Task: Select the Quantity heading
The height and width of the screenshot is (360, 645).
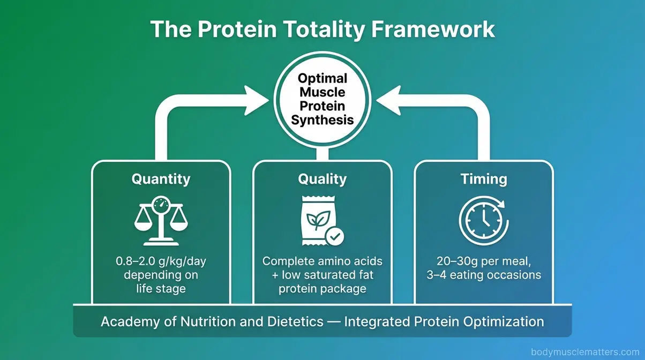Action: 161,179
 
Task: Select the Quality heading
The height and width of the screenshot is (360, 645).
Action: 322,179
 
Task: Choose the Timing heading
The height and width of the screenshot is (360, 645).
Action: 484,179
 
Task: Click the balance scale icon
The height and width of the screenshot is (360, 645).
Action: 161,221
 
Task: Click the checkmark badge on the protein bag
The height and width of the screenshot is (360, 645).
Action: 335,236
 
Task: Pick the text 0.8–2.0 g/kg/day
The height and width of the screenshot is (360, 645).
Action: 161,262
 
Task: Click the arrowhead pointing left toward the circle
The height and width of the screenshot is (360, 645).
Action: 386,99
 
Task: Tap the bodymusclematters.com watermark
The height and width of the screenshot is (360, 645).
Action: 585,351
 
